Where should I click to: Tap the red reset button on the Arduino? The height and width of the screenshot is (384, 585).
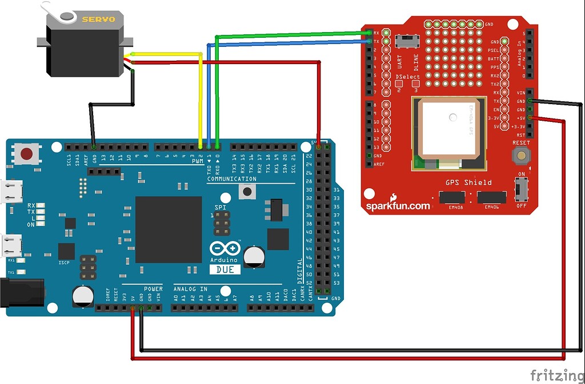click(26, 153)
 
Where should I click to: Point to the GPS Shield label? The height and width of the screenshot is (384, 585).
click(468, 183)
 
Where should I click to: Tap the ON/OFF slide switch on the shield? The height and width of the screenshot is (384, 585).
click(520, 188)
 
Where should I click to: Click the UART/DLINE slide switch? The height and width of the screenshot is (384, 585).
click(408, 41)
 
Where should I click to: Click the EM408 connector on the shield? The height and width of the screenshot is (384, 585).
click(451, 197)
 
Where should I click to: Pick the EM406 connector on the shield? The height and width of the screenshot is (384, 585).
click(491, 197)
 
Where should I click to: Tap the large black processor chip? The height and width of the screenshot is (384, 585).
click(169, 229)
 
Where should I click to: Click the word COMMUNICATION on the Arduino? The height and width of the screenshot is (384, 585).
click(231, 179)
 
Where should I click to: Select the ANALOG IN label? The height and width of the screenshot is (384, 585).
click(190, 289)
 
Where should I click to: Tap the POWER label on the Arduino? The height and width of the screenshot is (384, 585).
click(153, 289)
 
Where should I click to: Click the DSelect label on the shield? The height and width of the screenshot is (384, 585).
click(408, 77)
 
